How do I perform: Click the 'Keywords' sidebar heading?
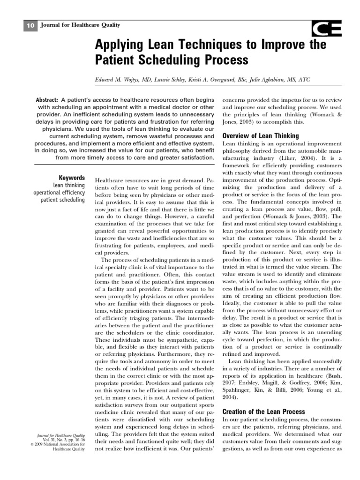(72, 178)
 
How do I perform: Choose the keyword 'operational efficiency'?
(59, 193)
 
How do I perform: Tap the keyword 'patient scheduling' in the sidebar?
(63, 200)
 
